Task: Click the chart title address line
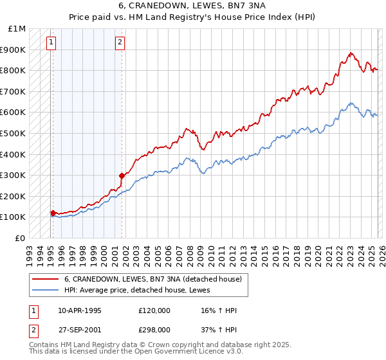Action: click(192, 6)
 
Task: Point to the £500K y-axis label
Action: click(14, 134)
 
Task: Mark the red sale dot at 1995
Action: click(53, 213)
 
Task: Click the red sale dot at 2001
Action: click(122, 175)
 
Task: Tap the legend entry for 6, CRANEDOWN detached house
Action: click(152, 279)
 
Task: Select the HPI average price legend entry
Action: click(142, 291)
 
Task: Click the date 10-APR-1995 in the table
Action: click(80, 310)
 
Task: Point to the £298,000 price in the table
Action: click(154, 329)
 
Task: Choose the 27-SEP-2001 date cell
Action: click(80, 329)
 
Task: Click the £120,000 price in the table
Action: click(154, 310)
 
